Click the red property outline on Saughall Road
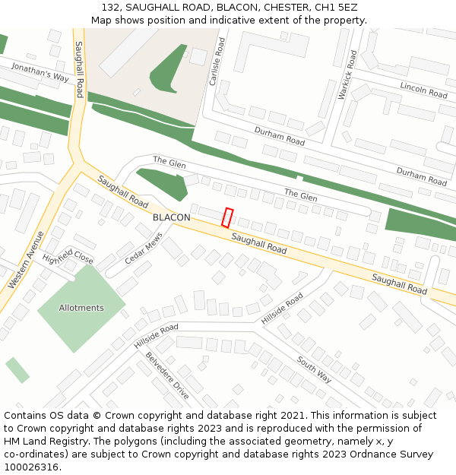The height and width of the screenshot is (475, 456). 226,217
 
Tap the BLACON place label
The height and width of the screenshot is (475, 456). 171,217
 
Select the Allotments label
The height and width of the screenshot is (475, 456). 81,308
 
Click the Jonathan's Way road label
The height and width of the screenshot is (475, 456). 40,73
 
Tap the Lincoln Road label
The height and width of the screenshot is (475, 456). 423,90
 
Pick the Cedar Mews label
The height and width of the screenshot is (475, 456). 144,249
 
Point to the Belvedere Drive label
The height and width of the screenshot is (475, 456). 166,375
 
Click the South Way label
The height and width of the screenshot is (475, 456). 314,369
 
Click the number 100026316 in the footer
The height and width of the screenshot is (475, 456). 31,467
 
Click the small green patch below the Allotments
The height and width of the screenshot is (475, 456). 17,369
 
